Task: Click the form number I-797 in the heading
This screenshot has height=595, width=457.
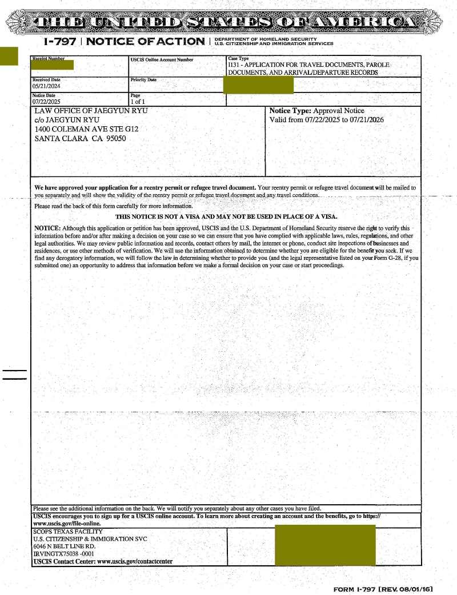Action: coord(61,41)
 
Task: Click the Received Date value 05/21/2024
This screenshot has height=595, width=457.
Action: coord(46,86)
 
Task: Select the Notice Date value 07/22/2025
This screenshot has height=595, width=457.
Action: coord(46,102)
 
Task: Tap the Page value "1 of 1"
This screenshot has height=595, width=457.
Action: coord(138,102)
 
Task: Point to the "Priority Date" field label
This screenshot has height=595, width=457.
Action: coord(143,80)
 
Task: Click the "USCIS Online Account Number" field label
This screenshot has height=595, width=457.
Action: coord(162,59)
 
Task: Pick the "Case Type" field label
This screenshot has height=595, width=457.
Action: coord(238,58)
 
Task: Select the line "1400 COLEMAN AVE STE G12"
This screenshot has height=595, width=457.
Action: coord(86,129)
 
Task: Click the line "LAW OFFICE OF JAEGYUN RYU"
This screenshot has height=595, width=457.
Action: coord(91,111)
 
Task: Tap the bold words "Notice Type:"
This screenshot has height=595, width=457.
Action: coord(290,111)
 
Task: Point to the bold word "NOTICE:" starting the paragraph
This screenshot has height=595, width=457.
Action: coord(47,228)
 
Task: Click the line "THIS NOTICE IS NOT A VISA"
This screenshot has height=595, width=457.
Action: coord(226,216)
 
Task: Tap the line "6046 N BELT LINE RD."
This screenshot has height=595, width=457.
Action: coord(64,546)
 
